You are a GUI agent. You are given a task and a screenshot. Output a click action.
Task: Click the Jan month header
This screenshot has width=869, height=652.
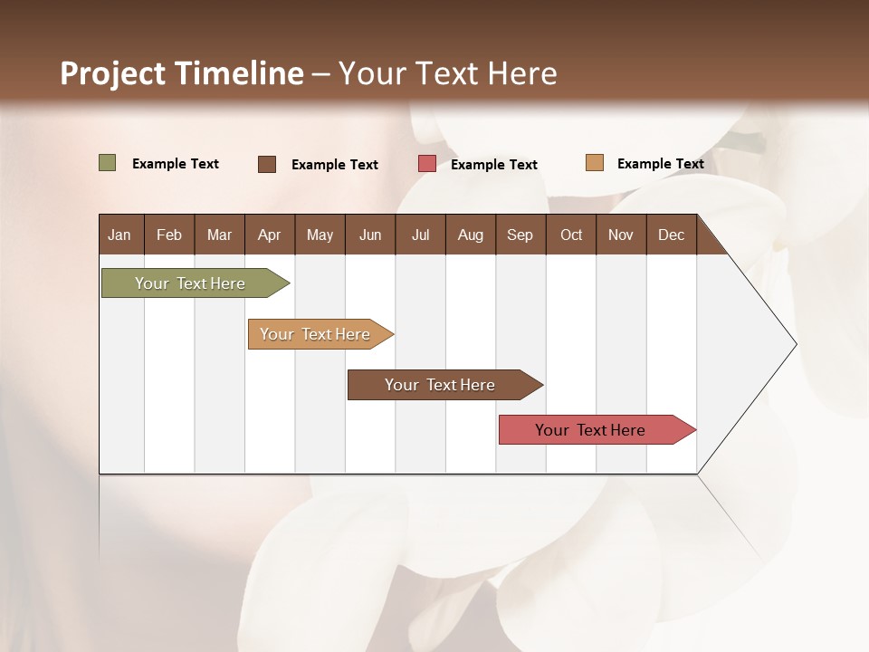pos(119,235)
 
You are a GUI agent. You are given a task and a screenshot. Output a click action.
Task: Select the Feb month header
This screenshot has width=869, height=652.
pos(169,235)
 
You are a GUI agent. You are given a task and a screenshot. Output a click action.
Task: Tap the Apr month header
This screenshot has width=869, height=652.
pos(269,235)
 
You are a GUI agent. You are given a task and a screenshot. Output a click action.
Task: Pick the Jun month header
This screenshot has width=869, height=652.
pos(370,235)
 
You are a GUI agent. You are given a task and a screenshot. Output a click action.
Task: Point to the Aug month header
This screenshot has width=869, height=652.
pos(470,235)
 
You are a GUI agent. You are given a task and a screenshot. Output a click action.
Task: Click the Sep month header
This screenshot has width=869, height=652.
pos(520,235)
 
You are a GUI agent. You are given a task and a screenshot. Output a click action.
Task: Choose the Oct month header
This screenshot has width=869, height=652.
pos(571,235)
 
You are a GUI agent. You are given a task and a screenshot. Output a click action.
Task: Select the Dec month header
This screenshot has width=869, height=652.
pos(671,235)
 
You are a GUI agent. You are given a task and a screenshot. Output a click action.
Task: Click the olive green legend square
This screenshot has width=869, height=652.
pos(108,163)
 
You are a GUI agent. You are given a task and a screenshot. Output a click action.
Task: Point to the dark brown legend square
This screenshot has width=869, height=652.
pos(267,164)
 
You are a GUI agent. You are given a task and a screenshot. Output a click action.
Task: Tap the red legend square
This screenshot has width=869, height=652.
pos(427,164)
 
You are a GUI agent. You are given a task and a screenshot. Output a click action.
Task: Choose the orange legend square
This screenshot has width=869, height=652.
pos(595,163)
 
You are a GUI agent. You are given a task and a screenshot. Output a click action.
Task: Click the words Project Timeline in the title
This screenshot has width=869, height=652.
pos(181,73)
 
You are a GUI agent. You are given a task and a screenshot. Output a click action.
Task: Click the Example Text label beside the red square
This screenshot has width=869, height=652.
pos(493,165)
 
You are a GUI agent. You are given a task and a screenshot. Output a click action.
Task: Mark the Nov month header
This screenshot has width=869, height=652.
pos(621,235)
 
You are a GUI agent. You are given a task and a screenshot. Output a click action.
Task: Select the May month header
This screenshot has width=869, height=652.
pos(320,235)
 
